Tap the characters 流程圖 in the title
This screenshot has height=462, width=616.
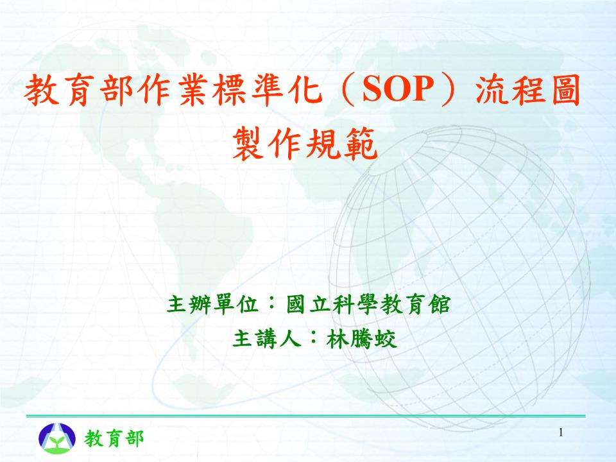[x=527, y=94]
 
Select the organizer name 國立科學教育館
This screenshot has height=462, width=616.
[x=368, y=304]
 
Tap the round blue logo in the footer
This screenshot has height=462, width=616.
[x=56, y=438]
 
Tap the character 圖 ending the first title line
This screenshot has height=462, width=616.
[x=565, y=94]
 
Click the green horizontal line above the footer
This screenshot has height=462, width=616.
[x=308, y=416]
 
